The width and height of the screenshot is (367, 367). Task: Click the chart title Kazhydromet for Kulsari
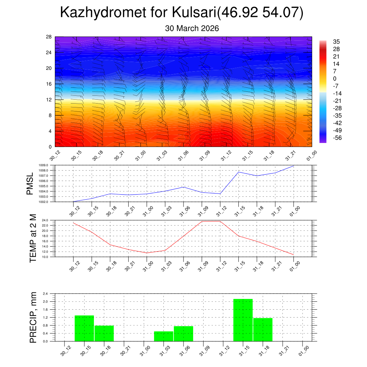tap(182, 13)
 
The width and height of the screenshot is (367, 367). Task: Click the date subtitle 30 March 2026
tap(192, 28)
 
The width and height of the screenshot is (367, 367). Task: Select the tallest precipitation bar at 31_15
tap(243, 320)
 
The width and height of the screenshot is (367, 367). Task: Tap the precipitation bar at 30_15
tap(84, 328)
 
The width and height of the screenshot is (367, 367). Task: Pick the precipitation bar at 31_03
tap(163, 336)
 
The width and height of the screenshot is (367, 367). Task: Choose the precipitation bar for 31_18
tap(263, 329)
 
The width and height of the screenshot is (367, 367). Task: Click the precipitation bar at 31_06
tap(183, 333)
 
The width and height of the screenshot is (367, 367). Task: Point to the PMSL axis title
tap(30, 183)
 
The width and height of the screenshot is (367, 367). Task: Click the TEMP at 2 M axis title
tap(33, 238)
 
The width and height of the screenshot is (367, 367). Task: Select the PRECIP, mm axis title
tap(33, 317)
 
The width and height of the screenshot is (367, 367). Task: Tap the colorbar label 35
tap(336, 42)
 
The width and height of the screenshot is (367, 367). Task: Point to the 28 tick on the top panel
tap(49, 37)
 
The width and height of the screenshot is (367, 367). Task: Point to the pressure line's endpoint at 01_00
tap(294, 166)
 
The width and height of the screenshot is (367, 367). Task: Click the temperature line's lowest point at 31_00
tap(147, 253)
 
